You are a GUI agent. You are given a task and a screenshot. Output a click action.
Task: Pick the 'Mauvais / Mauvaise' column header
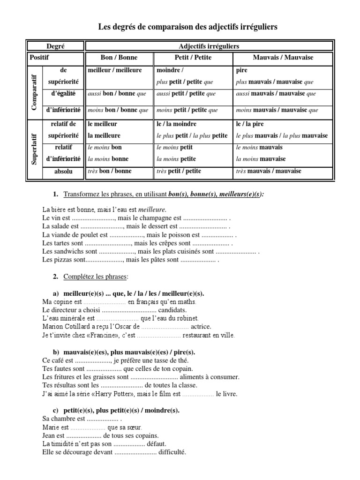283,58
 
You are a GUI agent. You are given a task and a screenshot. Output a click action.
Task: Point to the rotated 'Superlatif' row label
34,147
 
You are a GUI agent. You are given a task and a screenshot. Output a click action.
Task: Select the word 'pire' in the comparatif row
242,70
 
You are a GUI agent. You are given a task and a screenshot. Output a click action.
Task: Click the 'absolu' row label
63,172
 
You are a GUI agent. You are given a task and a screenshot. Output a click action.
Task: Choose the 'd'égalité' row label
63,94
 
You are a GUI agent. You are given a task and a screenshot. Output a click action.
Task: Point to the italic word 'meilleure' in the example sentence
151,209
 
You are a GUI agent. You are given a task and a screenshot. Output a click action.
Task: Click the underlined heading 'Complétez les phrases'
96,277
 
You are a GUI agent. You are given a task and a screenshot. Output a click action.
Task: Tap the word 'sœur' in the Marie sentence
133,427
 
